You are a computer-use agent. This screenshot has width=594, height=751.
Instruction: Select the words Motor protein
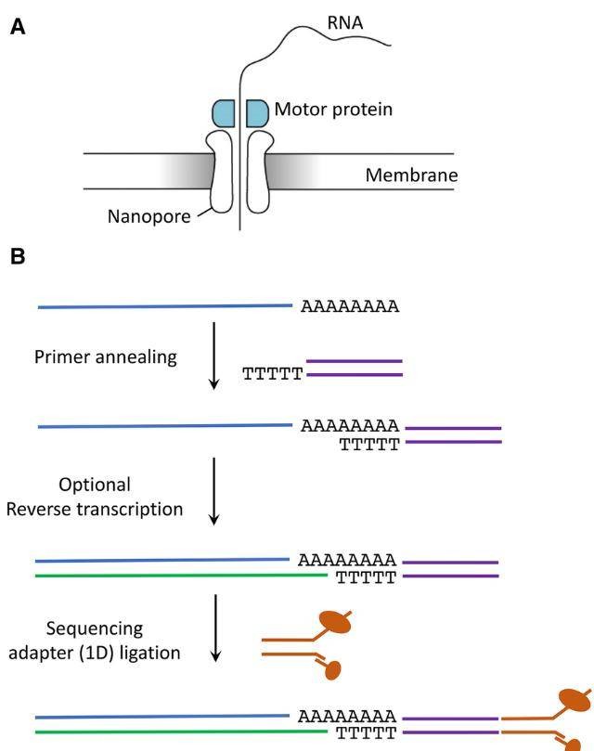(333, 110)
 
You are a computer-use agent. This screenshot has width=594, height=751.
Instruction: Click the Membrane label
(411, 175)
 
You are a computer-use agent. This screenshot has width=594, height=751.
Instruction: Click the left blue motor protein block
(223, 112)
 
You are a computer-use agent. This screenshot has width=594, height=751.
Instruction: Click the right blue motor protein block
(257, 112)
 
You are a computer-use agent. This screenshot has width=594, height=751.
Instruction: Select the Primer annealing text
(104, 356)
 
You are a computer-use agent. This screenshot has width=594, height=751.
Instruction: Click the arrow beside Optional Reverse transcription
(213, 490)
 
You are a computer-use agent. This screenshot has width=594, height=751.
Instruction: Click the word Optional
(94, 485)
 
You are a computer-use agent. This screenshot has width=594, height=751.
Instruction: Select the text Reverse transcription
(94, 509)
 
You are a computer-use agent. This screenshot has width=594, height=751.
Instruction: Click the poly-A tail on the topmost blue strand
(350, 305)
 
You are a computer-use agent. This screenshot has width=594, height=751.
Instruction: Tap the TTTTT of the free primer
(273, 375)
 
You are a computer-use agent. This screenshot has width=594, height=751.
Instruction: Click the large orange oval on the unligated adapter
(334, 622)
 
